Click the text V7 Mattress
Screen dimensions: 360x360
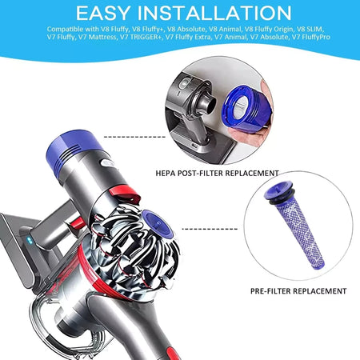(x=102, y=38)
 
